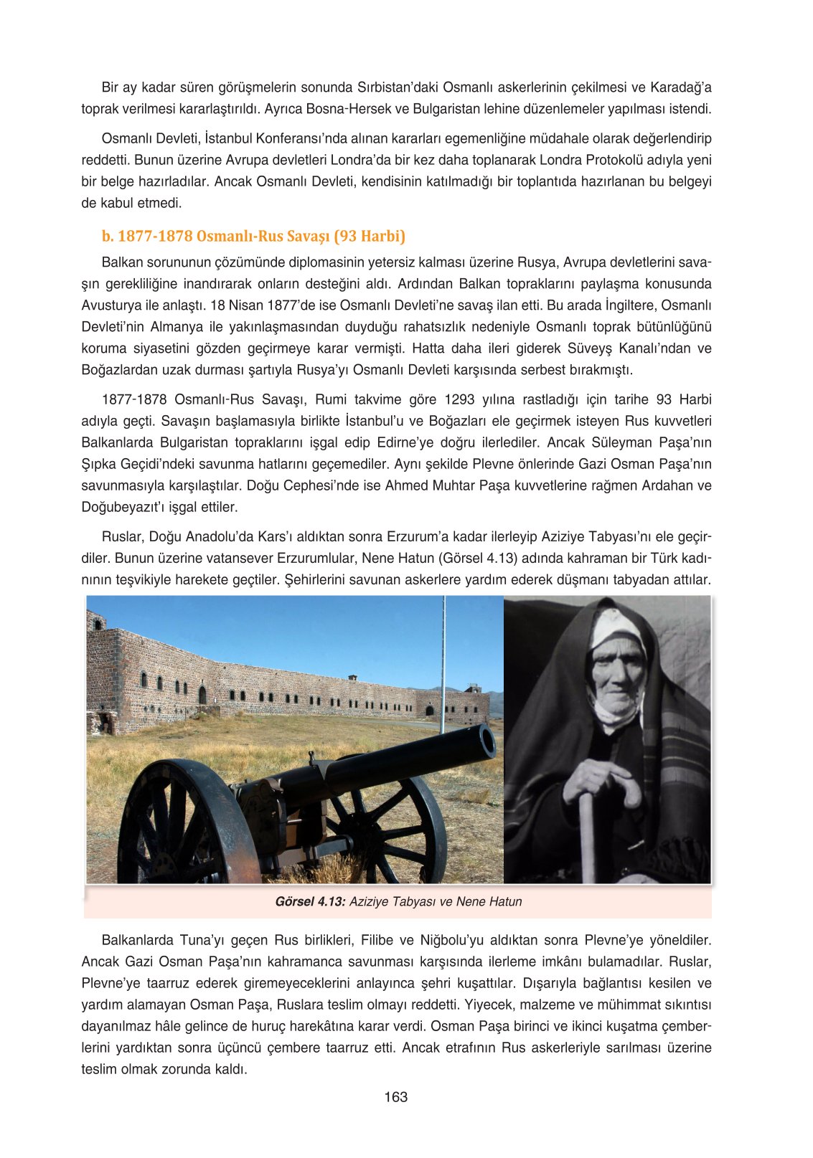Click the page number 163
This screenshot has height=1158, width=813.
point(395,1097)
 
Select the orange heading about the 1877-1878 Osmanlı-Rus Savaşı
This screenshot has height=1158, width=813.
point(253,236)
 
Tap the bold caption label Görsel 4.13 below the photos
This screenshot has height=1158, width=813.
point(311,901)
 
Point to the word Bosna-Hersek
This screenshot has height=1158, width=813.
point(348,109)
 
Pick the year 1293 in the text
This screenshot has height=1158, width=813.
point(459,399)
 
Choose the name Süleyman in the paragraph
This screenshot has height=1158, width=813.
point(608,442)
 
